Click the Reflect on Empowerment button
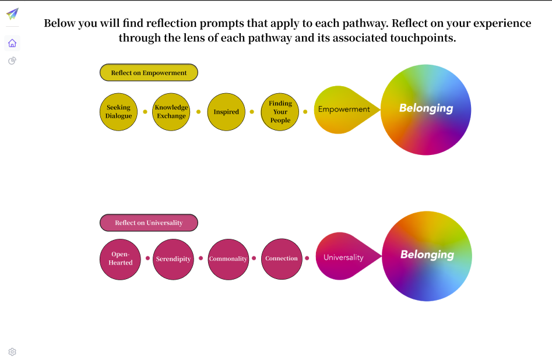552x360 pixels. click(x=149, y=73)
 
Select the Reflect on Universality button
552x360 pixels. click(x=149, y=223)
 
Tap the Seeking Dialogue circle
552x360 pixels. click(x=119, y=111)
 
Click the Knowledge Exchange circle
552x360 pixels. click(x=171, y=111)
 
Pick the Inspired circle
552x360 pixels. click(x=226, y=111)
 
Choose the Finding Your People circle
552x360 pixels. click(x=280, y=111)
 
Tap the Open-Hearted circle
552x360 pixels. click(x=120, y=259)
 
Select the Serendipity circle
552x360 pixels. click(x=173, y=259)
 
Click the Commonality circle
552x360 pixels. click(x=228, y=259)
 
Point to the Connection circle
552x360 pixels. click(x=282, y=259)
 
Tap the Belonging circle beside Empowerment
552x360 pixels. click(x=426, y=109)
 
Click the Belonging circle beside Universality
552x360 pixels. click(x=427, y=256)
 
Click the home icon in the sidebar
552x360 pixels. click(x=12, y=43)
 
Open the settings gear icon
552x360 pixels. click(x=12, y=352)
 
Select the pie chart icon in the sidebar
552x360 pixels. click(x=12, y=61)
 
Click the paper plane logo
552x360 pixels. click(x=12, y=14)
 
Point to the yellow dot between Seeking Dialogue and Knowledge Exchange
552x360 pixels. click(x=145, y=111)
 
